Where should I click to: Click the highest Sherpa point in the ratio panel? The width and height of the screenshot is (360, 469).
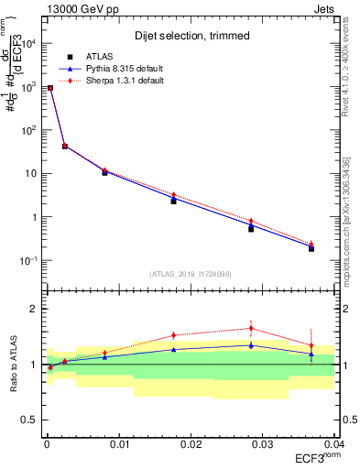click(x=251, y=328)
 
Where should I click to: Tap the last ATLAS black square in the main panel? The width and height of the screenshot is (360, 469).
click(x=311, y=248)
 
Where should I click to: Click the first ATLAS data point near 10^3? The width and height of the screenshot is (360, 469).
click(x=50, y=89)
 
